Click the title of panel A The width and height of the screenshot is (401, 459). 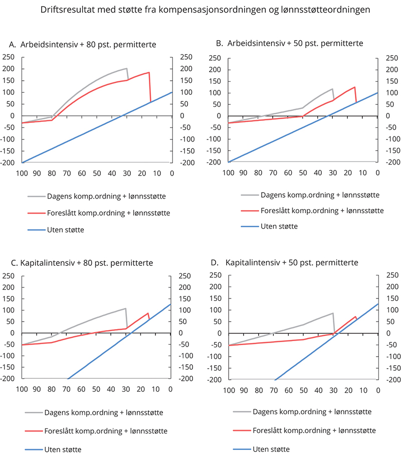(x=83, y=45)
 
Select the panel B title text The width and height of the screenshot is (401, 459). (x=289, y=44)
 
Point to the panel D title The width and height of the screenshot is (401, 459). (x=285, y=262)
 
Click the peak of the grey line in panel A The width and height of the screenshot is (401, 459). (x=127, y=69)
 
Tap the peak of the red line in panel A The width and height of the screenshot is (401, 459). (x=149, y=73)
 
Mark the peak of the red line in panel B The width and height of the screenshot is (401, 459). (x=355, y=87)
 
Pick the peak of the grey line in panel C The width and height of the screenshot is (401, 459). (x=125, y=309)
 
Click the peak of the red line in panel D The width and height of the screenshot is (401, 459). (x=355, y=317)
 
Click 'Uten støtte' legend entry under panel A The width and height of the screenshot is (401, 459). (x=71, y=230)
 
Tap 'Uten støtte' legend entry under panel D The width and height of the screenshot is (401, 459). (x=278, y=448)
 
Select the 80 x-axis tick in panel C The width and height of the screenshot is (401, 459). (x=51, y=389)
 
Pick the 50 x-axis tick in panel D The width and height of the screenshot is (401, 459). (x=303, y=389)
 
